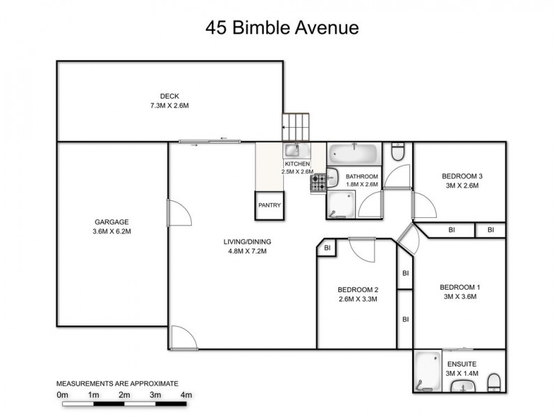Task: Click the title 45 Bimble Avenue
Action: (282, 28)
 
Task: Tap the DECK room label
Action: (169, 96)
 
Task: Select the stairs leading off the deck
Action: (295, 128)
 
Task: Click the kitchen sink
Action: (293, 150)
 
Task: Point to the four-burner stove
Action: (319, 184)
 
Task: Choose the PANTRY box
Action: (269, 205)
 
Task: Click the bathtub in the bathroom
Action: (354, 152)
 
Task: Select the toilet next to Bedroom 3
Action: (398, 152)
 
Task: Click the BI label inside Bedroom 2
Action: (327, 247)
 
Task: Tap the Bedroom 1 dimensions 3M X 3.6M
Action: (460, 297)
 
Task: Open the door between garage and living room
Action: (178, 212)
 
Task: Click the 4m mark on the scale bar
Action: (186, 395)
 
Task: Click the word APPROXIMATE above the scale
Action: (153, 383)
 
